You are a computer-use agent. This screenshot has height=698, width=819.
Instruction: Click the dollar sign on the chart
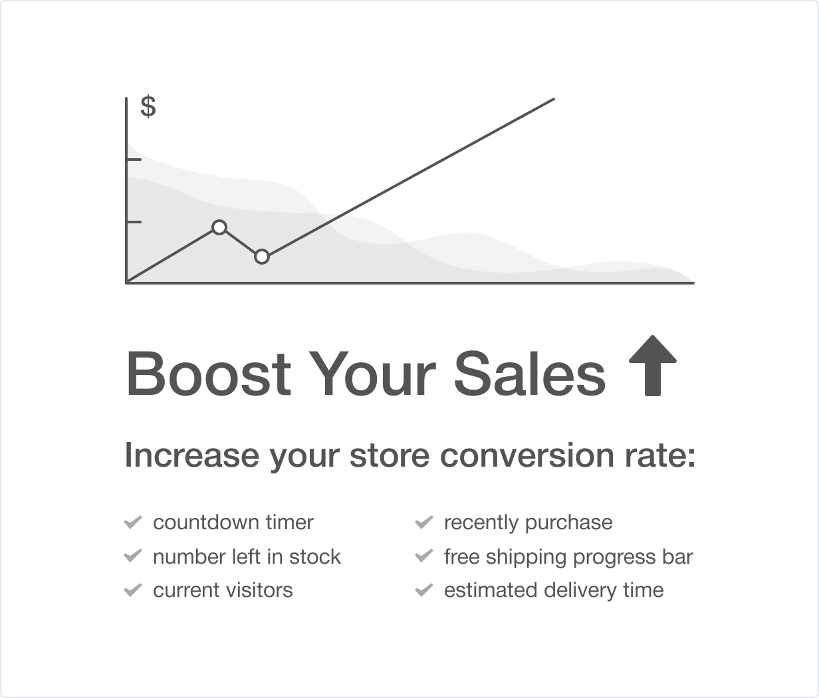pyautogui.click(x=148, y=106)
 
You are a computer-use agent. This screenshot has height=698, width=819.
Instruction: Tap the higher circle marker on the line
pyautogui.click(x=219, y=227)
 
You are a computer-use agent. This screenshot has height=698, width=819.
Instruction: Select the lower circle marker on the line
pyautogui.click(x=261, y=257)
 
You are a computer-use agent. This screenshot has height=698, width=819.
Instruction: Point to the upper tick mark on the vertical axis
pyautogui.click(x=134, y=160)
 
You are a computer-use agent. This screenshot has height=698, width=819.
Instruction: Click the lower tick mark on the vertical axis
pyautogui.click(x=134, y=222)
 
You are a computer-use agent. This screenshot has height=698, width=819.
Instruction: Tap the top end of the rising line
pyautogui.click(x=554, y=99)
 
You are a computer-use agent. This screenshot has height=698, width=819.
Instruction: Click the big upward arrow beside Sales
pyautogui.click(x=653, y=365)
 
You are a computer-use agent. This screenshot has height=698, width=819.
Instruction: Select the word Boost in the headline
pyautogui.click(x=209, y=374)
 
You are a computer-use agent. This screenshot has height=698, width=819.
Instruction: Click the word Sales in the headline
pyautogui.click(x=530, y=374)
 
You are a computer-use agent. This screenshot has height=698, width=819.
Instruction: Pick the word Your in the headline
pyautogui.click(x=372, y=374)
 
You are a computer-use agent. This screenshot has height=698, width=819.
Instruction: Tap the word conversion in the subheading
pyautogui.click(x=527, y=455)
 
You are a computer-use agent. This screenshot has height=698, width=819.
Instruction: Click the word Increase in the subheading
pyautogui.click(x=191, y=455)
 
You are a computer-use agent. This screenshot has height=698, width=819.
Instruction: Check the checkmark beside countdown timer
pyautogui.click(x=133, y=522)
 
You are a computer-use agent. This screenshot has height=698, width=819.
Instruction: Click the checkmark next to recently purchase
pyautogui.click(x=424, y=522)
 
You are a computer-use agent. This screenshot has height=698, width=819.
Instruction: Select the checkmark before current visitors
pyautogui.click(x=133, y=590)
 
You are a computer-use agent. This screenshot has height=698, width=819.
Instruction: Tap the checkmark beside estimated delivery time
pyautogui.click(x=424, y=590)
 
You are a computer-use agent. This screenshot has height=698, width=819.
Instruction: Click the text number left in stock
pyautogui.click(x=247, y=556)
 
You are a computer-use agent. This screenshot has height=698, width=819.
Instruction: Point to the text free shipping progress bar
pyautogui.click(x=568, y=557)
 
